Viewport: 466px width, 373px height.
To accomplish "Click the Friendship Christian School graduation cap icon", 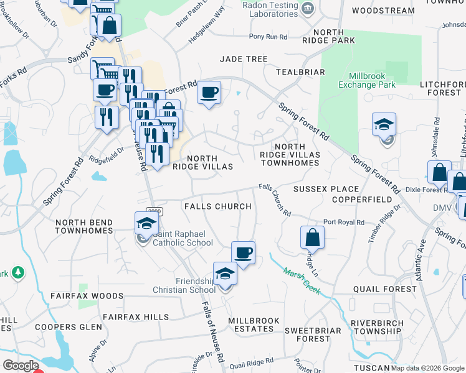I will [x=225, y=274].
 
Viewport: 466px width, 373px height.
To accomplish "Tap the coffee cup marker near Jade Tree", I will [x=209, y=93].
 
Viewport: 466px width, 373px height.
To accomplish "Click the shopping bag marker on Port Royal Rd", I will [x=312, y=237].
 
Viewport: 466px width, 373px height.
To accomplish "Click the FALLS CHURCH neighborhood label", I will [x=217, y=206].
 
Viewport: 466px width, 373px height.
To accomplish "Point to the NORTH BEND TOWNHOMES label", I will [x=83, y=226].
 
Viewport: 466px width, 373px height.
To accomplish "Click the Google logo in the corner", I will [x=21, y=366].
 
